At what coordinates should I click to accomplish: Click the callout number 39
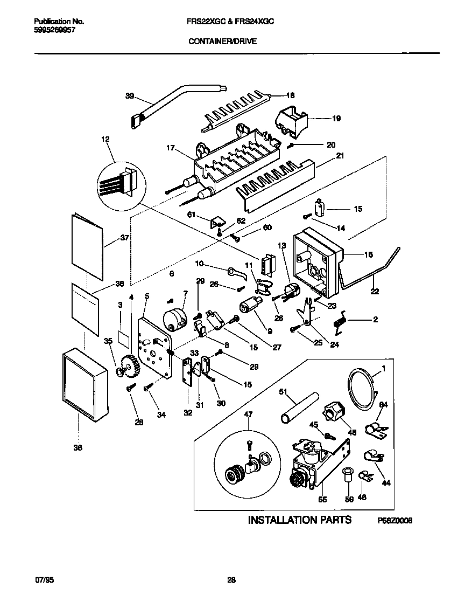tap(129, 96)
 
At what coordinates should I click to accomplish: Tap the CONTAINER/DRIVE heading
tap(222, 40)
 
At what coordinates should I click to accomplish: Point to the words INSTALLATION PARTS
tap(299, 520)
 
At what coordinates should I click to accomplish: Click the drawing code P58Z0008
tap(394, 521)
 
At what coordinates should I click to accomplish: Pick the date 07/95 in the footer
tap(45, 580)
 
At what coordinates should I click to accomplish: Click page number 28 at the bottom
tap(231, 580)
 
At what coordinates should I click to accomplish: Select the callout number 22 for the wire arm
tap(375, 292)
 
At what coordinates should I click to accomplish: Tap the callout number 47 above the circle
tap(248, 415)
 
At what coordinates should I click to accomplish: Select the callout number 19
tap(336, 118)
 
